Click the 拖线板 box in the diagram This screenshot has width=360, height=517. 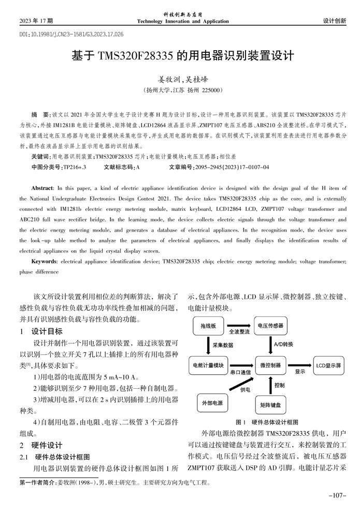(210, 326)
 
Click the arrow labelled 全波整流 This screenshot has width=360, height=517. (240, 326)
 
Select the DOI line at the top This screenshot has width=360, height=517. (71, 34)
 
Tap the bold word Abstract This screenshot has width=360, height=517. (42, 188)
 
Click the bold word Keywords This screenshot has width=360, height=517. (44, 262)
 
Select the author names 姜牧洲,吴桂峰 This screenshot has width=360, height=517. (179, 79)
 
